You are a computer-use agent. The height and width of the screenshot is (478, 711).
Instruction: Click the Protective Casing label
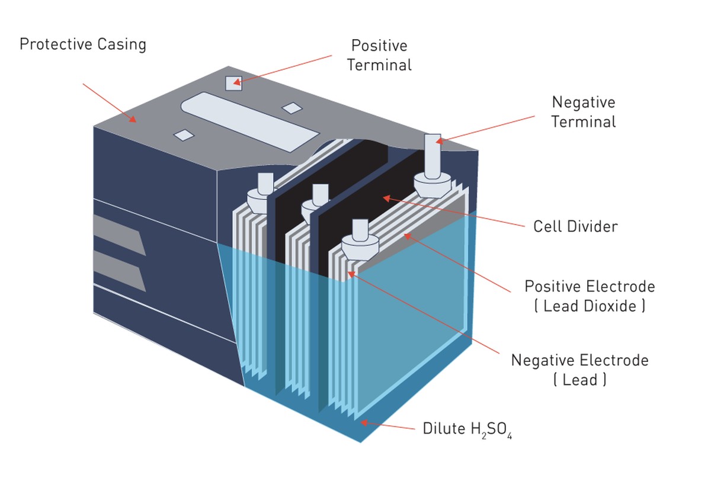tap(82, 44)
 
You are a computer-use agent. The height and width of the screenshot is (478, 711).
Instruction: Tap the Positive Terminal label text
tap(379, 55)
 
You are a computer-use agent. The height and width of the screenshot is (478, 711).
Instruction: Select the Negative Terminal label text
tap(584, 112)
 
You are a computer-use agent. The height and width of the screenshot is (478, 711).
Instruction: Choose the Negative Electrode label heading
tap(579, 360)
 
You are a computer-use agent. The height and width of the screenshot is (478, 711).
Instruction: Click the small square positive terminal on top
tap(232, 84)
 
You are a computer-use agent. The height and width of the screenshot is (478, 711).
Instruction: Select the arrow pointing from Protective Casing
tap(110, 103)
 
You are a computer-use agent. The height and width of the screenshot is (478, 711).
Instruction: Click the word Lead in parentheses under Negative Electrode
tap(580, 380)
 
